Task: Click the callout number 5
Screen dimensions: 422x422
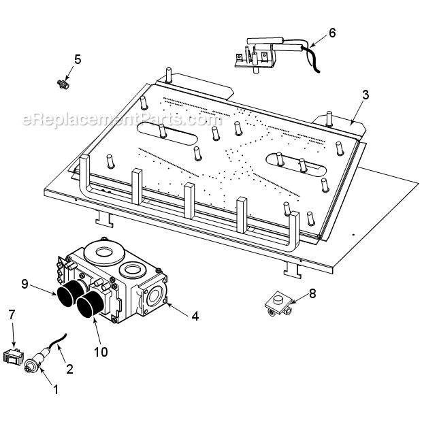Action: coord(78,59)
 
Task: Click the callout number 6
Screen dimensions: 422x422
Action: coord(332,32)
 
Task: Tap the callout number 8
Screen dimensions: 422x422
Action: coord(312,293)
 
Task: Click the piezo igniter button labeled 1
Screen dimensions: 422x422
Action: coord(31,366)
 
